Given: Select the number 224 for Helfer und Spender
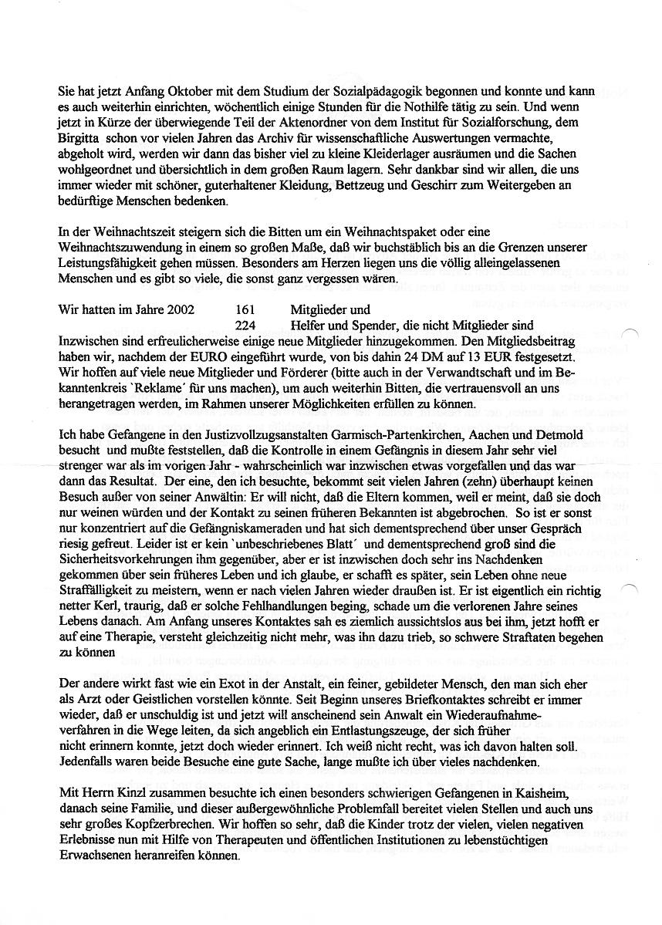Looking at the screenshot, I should (244, 326).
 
